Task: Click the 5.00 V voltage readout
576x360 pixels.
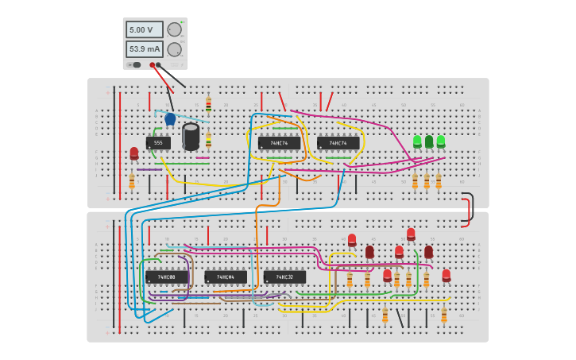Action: (144, 29)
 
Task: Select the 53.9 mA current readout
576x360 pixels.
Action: (144, 49)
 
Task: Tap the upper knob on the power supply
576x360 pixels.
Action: (174, 29)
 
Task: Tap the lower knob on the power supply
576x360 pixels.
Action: (174, 49)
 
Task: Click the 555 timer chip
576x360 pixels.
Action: (158, 143)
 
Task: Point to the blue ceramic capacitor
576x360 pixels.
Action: (170, 119)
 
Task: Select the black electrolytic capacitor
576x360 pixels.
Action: (191, 136)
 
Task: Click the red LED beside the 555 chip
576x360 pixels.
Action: (134, 153)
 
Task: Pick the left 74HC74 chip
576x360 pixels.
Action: (279, 143)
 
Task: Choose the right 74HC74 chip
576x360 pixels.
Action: (338, 143)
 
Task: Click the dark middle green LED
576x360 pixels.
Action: (429, 141)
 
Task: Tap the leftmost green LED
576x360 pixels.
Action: (417, 141)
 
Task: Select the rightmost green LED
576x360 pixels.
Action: (441, 141)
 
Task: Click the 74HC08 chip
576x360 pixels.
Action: (166, 277)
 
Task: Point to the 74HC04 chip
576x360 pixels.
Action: (225, 277)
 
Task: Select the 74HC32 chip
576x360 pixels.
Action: (284, 277)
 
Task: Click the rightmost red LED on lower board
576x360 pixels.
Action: (446, 276)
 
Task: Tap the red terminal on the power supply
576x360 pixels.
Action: (153, 65)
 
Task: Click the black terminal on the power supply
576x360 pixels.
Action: (159, 65)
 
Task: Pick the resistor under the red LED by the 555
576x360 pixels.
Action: (132, 182)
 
